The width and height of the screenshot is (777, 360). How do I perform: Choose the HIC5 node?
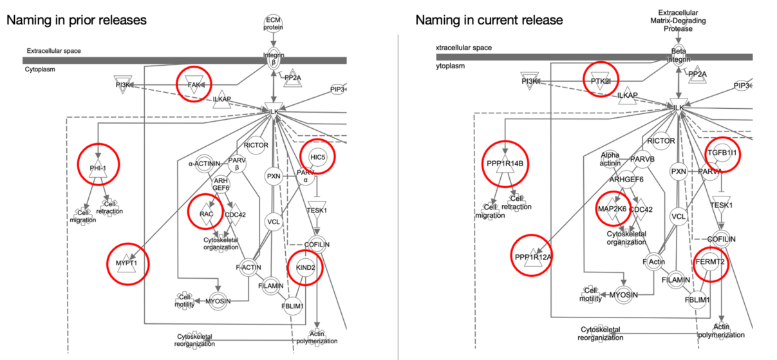coord(317,157)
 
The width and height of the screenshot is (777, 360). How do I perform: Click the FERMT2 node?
coord(711,262)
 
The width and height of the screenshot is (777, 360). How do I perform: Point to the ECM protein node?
coord(273,23)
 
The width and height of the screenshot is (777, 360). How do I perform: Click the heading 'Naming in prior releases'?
coord(77,20)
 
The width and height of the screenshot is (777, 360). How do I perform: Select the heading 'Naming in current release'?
coord(489,20)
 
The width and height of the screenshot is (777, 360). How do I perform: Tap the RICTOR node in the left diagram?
coord(256,146)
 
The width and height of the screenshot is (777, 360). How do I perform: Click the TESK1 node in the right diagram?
coord(722,205)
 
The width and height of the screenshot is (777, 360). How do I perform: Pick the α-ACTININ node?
coord(205,164)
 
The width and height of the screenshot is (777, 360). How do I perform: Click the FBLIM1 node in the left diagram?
coord(293,305)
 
